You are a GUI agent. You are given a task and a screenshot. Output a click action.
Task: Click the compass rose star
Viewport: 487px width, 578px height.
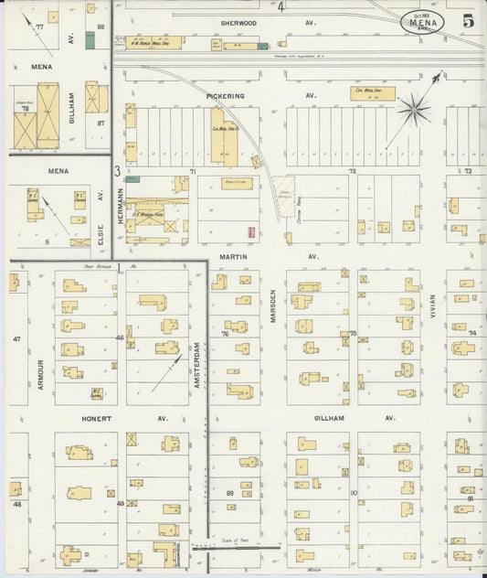pyautogui.click(x=414, y=110)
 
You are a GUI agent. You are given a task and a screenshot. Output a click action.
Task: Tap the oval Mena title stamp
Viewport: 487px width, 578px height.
pyautogui.click(x=421, y=22)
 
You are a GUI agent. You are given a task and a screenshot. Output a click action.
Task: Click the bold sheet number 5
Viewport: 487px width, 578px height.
pyautogui.click(x=468, y=22)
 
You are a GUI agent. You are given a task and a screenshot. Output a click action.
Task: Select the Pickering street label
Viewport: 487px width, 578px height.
pyautogui.click(x=226, y=94)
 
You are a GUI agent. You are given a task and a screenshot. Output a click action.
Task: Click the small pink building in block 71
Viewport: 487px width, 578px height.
pyautogui.click(x=250, y=231)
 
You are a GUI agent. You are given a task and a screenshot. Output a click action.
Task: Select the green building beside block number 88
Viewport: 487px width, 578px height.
pyautogui.click(x=90, y=39)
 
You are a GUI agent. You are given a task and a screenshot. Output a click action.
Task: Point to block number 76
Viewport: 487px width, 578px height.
pyautogui.click(x=224, y=334)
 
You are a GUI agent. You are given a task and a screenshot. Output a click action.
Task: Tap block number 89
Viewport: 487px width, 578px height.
pyautogui.click(x=229, y=493)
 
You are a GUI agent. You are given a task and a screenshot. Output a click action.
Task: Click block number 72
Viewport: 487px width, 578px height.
pyautogui.click(x=351, y=171)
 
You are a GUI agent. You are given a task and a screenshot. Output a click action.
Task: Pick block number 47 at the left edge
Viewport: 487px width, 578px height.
pyautogui.click(x=16, y=339)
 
